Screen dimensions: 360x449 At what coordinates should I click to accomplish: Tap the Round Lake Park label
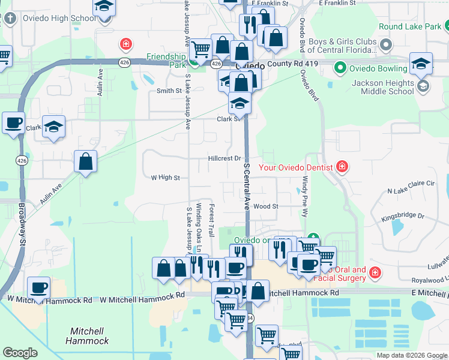409,27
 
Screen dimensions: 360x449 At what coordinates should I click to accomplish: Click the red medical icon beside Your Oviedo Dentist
342,166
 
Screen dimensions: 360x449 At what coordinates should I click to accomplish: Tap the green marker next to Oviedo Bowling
340,68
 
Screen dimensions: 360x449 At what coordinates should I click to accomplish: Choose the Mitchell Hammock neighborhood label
90,335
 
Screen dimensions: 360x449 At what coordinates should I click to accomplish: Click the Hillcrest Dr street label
224,158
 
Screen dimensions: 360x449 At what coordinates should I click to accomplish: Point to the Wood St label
266,206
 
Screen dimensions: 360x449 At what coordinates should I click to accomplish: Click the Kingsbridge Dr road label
403,216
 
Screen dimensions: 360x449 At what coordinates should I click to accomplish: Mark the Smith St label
169,91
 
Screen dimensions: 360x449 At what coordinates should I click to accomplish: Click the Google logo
20,353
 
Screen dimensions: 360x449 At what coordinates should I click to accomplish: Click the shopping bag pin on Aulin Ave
86,161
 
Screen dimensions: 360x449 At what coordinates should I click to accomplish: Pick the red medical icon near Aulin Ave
125,44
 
